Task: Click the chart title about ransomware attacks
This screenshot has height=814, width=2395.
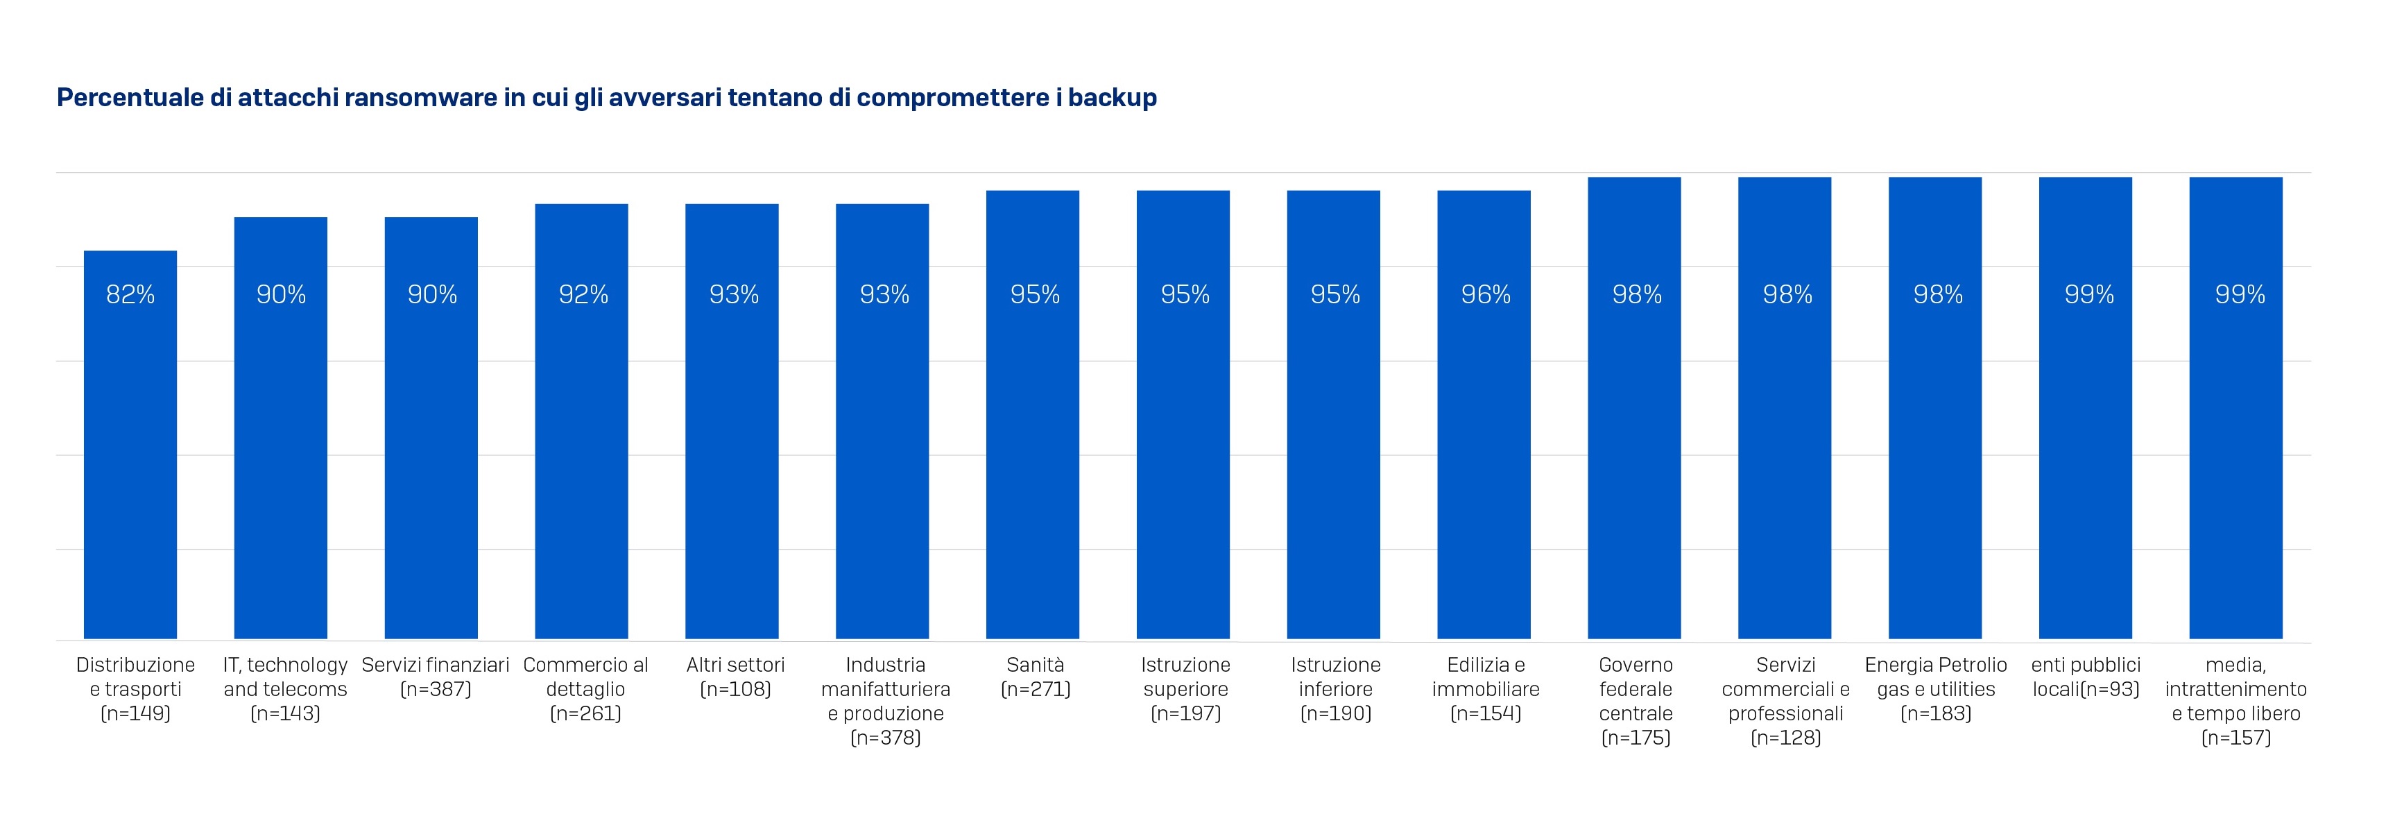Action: [x=606, y=98]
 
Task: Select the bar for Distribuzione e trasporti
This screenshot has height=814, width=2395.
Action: [x=130, y=446]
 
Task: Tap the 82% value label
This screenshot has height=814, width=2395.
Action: [x=130, y=295]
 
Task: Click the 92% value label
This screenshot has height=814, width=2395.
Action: [x=583, y=295]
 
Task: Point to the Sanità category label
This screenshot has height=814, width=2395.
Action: [x=1035, y=677]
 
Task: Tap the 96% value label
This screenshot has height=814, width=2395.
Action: [x=1486, y=295]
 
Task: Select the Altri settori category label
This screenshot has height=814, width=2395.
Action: [x=735, y=677]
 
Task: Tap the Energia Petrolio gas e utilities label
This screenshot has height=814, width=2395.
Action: [x=1936, y=689]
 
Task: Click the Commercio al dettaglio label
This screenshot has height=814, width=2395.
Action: [x=585, y=689]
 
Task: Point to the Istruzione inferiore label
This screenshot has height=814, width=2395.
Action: [x=1336, y=689]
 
